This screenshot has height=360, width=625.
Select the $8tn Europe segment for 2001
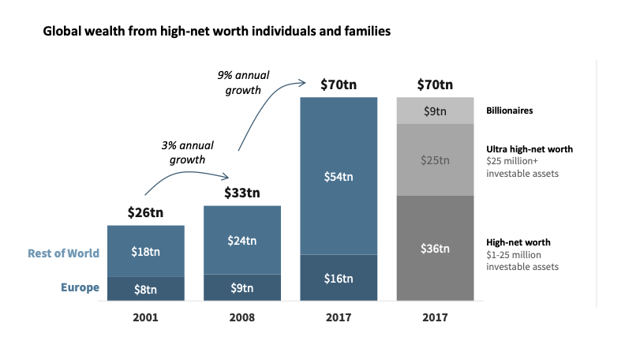click(x=145, y=288)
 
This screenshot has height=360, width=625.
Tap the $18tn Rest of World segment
click(x=145, y=252)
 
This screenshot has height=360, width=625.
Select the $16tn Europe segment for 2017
click(x=339, y=278)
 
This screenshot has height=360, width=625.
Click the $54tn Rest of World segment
click(x=339, y=176)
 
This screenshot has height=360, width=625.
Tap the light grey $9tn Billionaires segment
click(x=435, y=111)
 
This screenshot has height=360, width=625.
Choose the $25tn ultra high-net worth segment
click(x=435, y=160)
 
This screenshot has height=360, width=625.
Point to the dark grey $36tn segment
click(x=435, y=248)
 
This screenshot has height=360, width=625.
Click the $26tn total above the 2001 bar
click(x=145, y=212)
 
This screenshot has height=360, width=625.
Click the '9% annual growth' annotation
click(x=243, y=83)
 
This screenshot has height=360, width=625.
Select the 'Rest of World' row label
click(x=63, y=253)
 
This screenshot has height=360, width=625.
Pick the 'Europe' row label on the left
click(x=80, y=287)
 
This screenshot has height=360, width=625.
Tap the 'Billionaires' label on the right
click(x=509, y=111)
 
